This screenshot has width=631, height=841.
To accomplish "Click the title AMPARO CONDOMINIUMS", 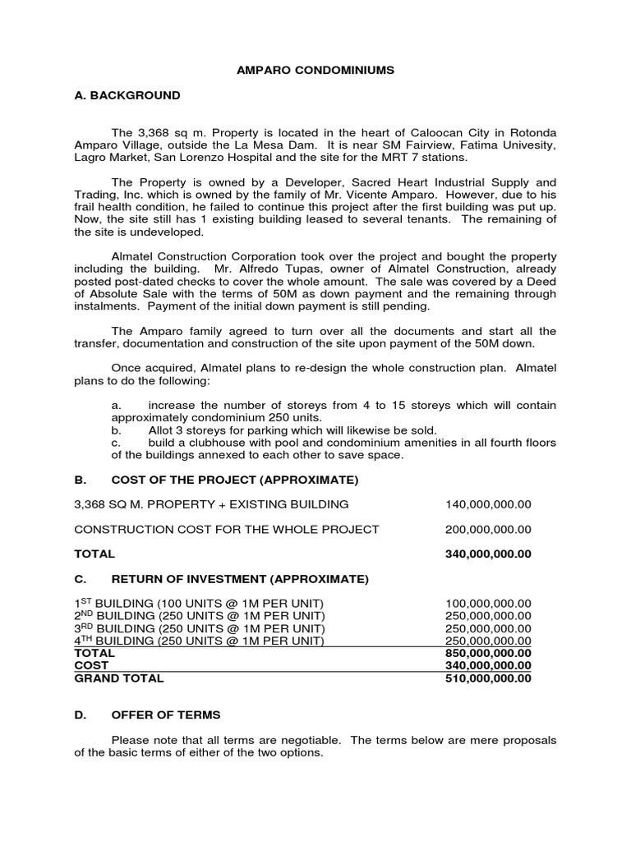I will pyautogui.click(x=315, y=71).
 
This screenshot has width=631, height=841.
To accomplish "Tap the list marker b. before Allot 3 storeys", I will pyautogui.click(x=116, y=430).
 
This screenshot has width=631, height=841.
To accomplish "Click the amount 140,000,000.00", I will pyautogui.click(x=488, y=504).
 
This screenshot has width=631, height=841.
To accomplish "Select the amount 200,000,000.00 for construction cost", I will pyautogui.click(x=488, y=530).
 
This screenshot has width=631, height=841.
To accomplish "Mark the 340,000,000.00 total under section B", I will pyautogui.click(x=488, y=554).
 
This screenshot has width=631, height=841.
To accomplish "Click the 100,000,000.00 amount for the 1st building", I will pyautogui.click(x=488, y=604).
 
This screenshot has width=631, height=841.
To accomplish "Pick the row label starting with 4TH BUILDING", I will pyautogui.click(x=200, y=641).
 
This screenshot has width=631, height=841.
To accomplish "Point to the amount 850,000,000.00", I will pyautogui.click(x=488, y=654).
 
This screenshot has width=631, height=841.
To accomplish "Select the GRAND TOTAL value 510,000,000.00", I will pyautogui.click(x=488, y=678).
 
